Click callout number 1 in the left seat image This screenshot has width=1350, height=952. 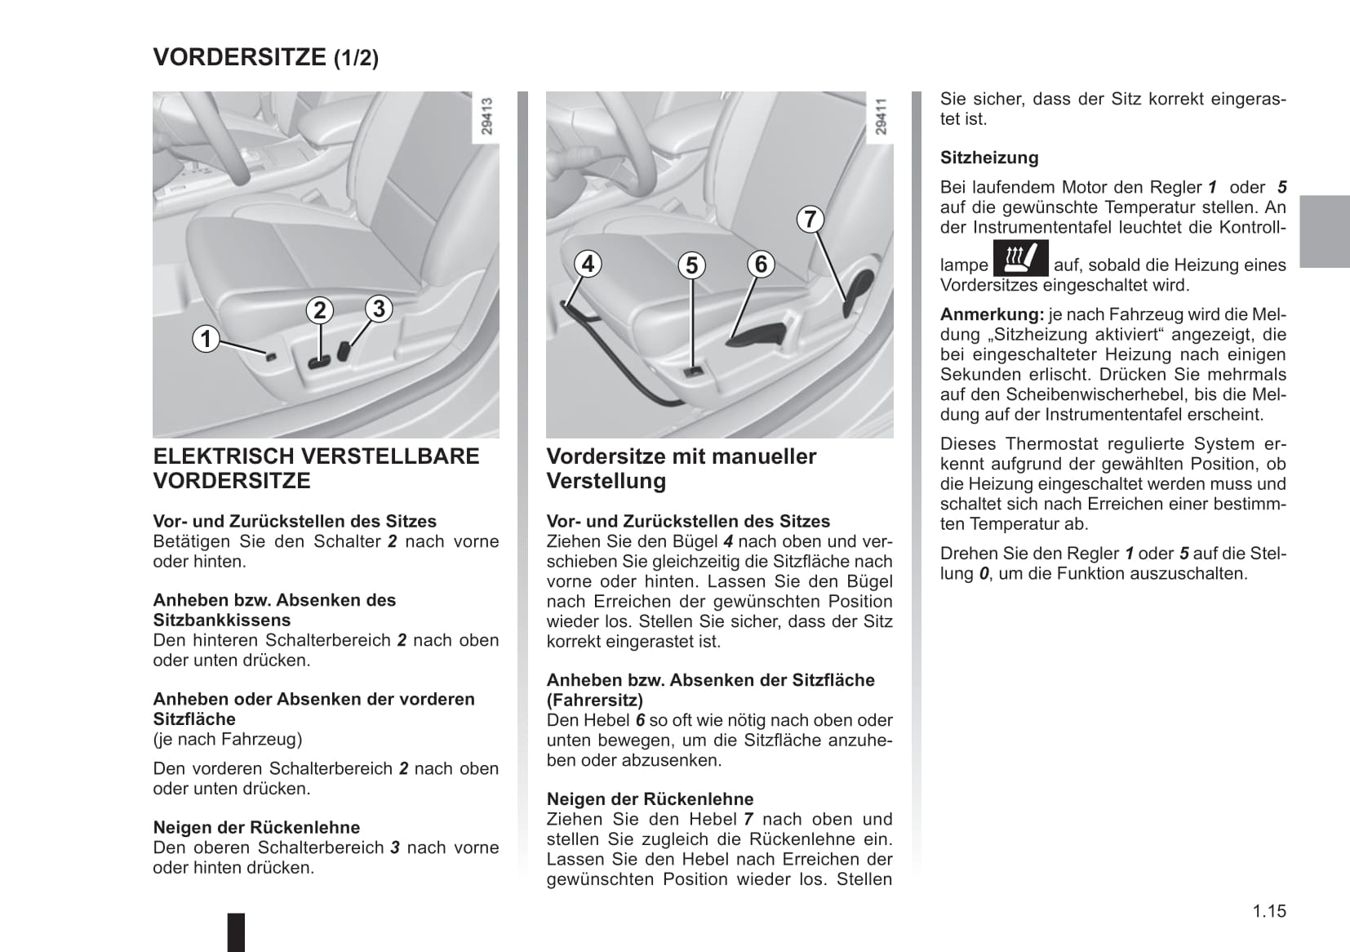pyautogui.click(x=206, y=338)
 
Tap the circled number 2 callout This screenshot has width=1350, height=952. pyautogui.click(x=320, y=309)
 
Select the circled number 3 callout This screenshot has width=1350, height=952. pyautogui.click(x=378, y=309)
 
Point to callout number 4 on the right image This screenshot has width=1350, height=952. pyautogui.click(x=588, y=264)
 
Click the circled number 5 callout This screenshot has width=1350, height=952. pyautogui.click(x=691, y=265)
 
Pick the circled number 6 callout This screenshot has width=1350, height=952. pyautogui.click(x=761, y=264)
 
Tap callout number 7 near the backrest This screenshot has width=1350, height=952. pyautogui.click(x=810, y=219)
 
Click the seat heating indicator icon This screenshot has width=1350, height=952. pyautogui.click(x=1020, y=259)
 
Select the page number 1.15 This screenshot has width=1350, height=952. pyautogui.click(x=1269, y=911)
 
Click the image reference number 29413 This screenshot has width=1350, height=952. pyautogui.click(x=486, y=117)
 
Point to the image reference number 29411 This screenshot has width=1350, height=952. pyautogui.click(x=880, y=117)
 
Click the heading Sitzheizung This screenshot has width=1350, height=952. pyautogui.click(x=989, y=158)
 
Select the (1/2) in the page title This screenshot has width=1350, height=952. pyautogui.click(x=356, y=59)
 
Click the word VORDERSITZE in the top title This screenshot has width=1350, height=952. pyautogui.click(x=240, y=57)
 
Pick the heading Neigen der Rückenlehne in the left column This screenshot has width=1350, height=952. pyautogui.click(x=256, y=827)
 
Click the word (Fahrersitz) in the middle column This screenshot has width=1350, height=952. pyautogui.click(x=594, y=700)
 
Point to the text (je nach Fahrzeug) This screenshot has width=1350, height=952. pyautogui.click(x=228, y=739)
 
